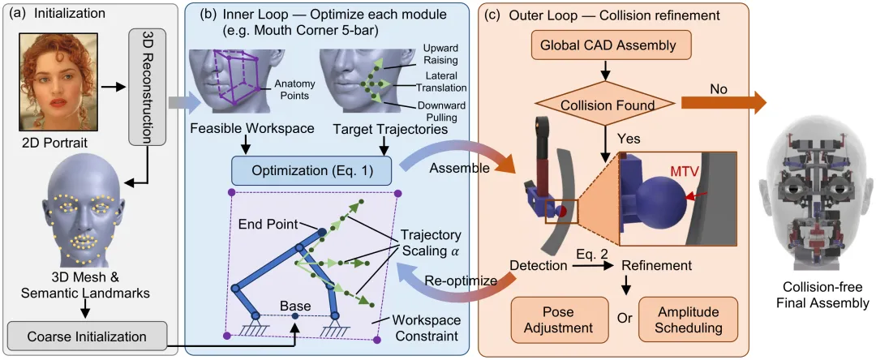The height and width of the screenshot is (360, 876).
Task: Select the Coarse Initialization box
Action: point(87,336)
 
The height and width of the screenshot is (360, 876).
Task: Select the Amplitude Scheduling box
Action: point(689,319)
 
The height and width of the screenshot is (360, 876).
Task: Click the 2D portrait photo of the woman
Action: point(59,79)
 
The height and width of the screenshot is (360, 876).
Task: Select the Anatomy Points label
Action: point(290,90)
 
